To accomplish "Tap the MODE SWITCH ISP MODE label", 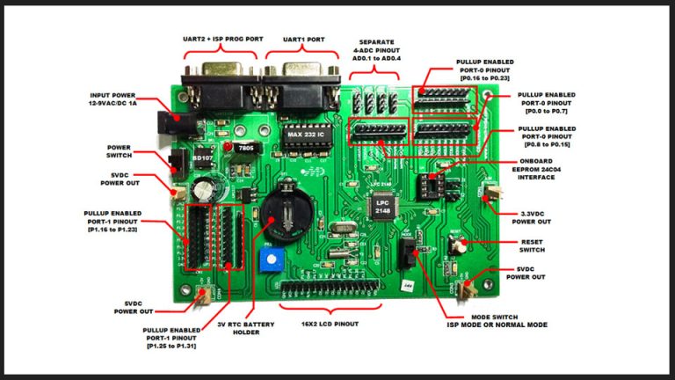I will coord(497,320).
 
